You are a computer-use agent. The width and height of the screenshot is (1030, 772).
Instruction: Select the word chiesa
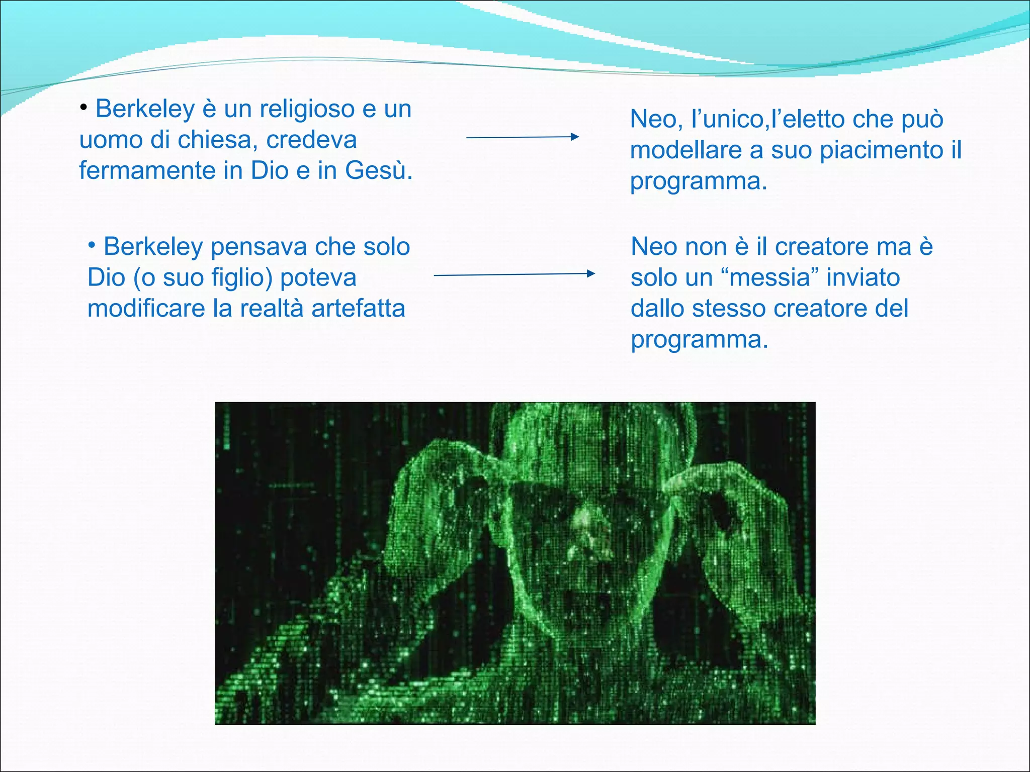pyautogui.click(x=218, y=140)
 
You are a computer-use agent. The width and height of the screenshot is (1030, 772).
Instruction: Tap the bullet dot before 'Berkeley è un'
pyautogui.click(x=84, y=108)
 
